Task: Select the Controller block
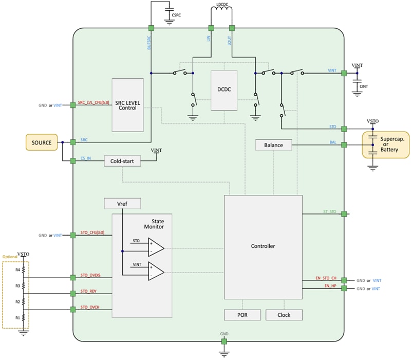[x=263, y=246]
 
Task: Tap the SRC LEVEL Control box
[x=127, y=105]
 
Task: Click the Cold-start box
[x=122, y=161]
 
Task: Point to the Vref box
[x=122, y=204]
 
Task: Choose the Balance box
[x=273, y=145]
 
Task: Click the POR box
[x=242, y=315]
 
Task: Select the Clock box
[x=284, y=315]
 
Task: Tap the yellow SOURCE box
[x=42, y=142]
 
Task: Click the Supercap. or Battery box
[x=386, y=145]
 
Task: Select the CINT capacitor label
[x=364, y=87]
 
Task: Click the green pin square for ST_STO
[x=344, y=213]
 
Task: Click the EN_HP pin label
[x=330, y=285]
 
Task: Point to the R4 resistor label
[x=17, y=269]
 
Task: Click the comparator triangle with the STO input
[x=156, y=247]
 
